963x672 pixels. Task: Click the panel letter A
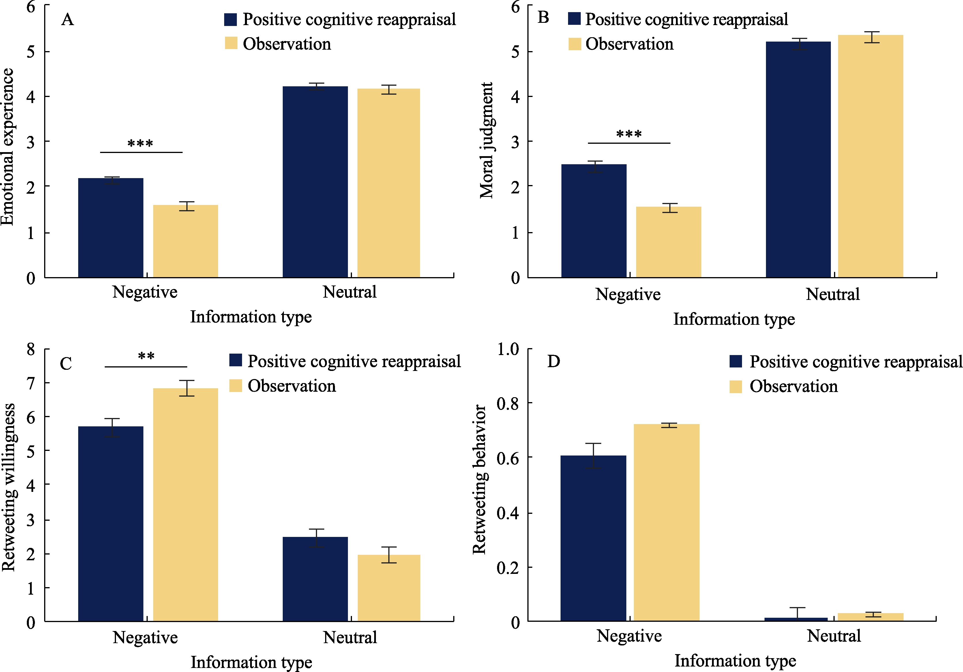point(68,20)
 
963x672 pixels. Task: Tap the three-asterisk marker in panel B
point(629,134)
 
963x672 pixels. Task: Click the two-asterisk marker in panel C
point(146,357)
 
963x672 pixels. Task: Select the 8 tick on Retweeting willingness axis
point(31,349)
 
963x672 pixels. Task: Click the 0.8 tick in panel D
point(507,404)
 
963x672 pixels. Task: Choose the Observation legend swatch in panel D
point(736,387)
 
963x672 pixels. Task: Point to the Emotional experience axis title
point(8,147)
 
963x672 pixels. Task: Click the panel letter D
point(554,361)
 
